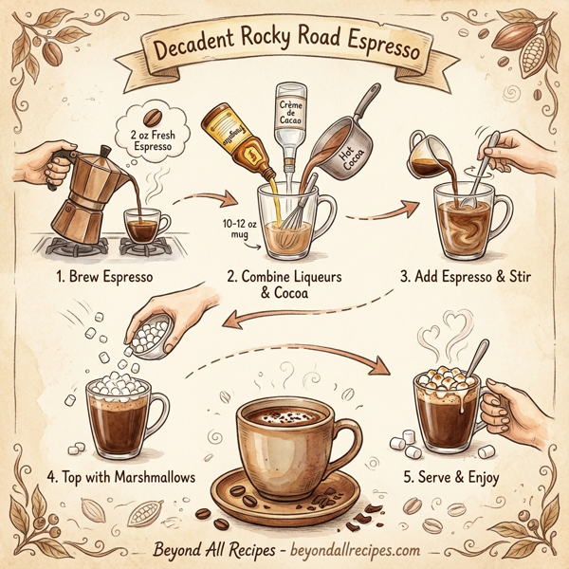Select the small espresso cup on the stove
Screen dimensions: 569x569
point(146,228)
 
